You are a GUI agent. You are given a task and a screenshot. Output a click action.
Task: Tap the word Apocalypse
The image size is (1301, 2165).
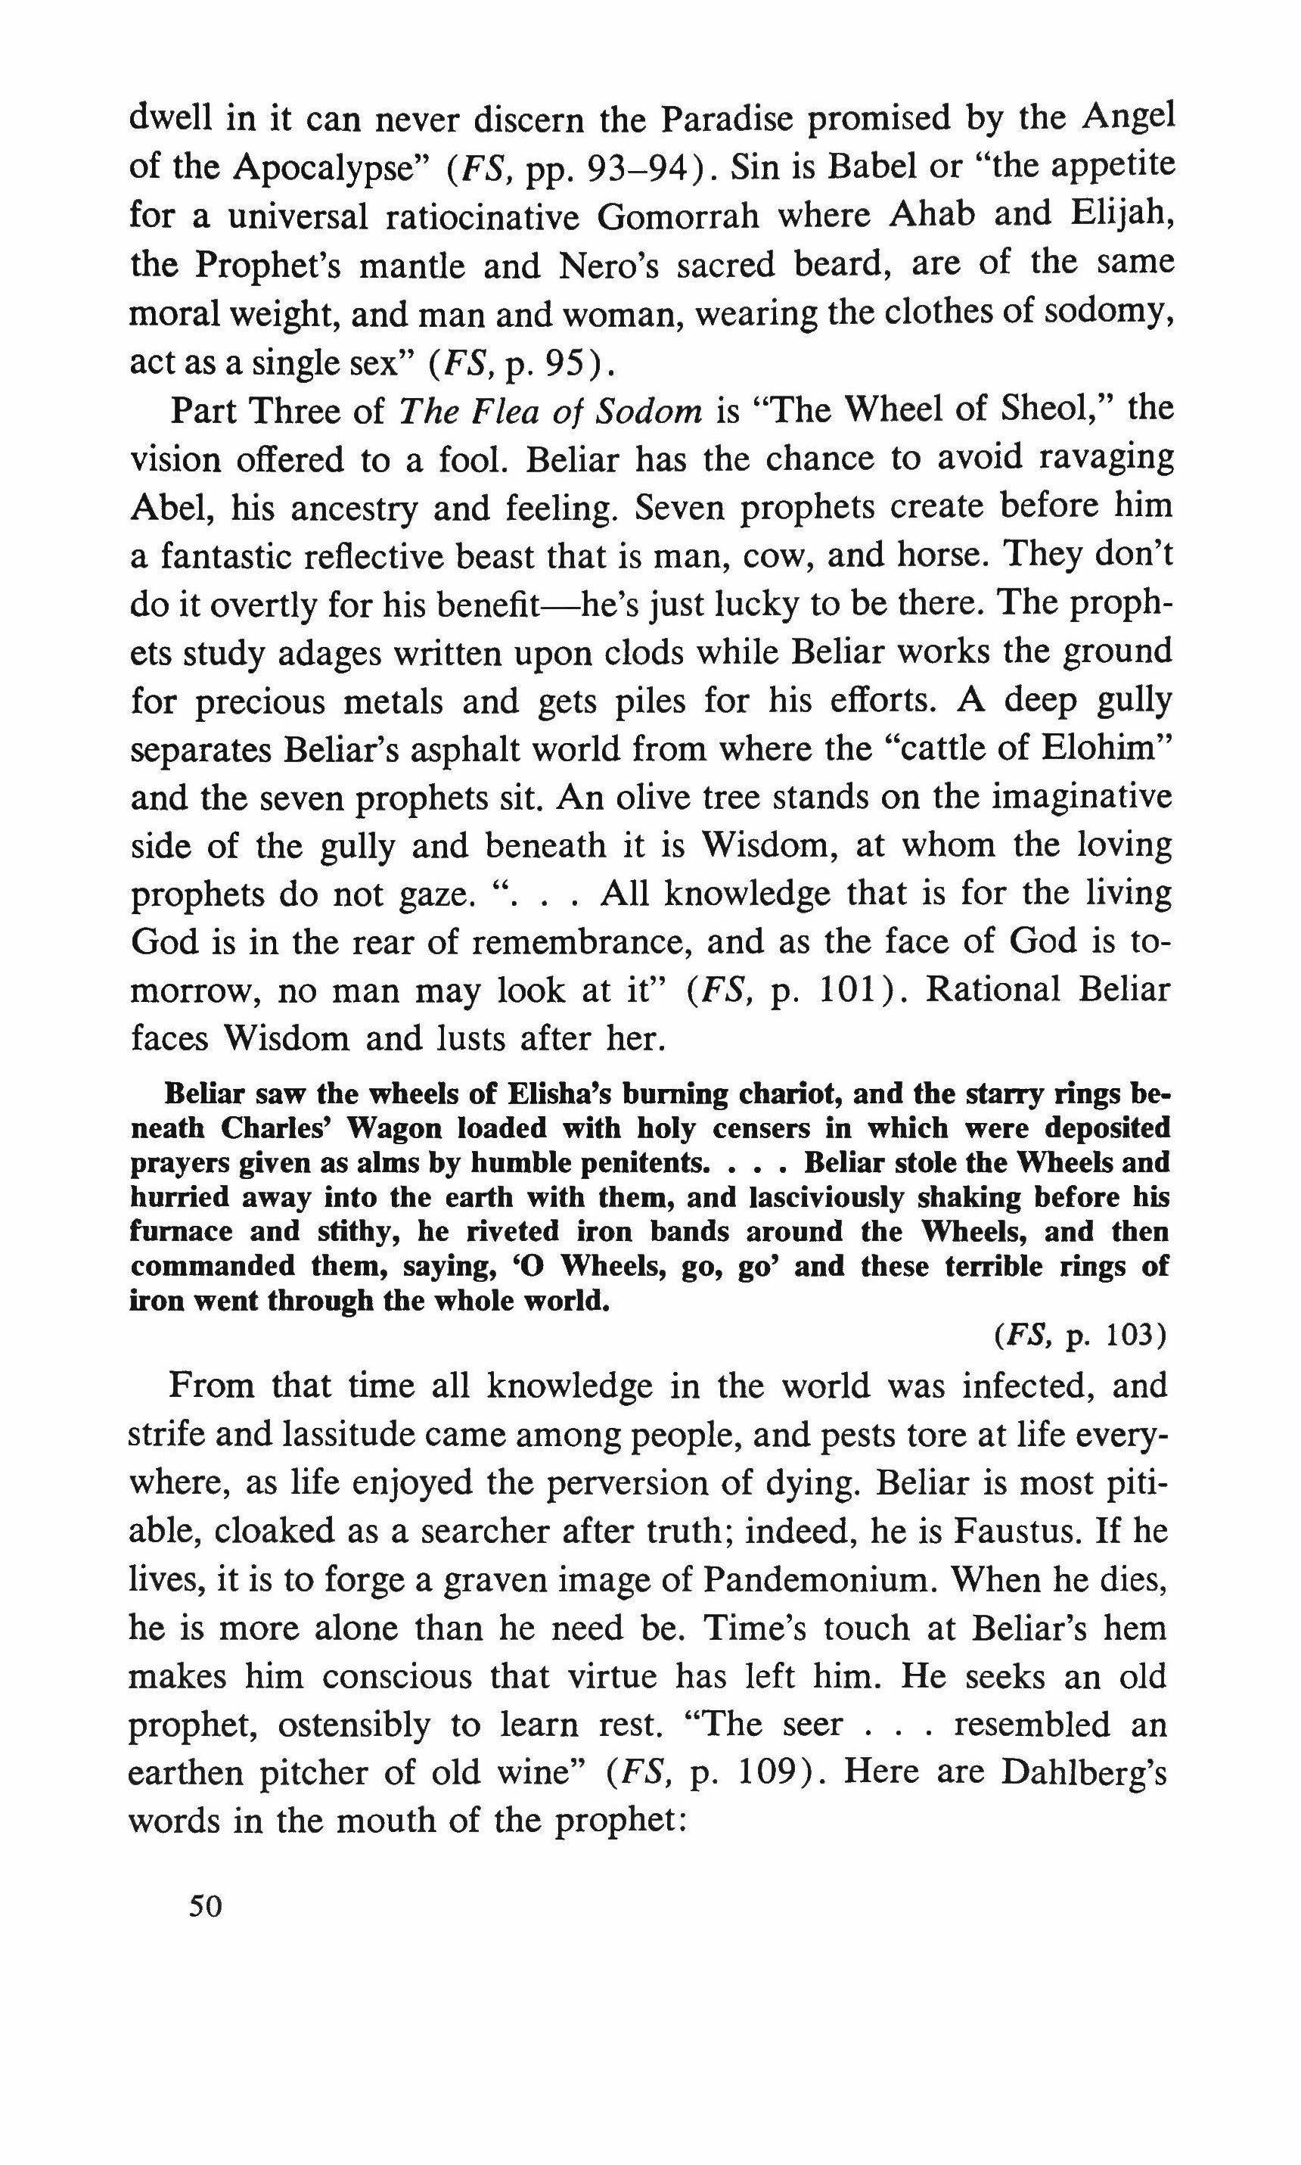coord(330,166)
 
